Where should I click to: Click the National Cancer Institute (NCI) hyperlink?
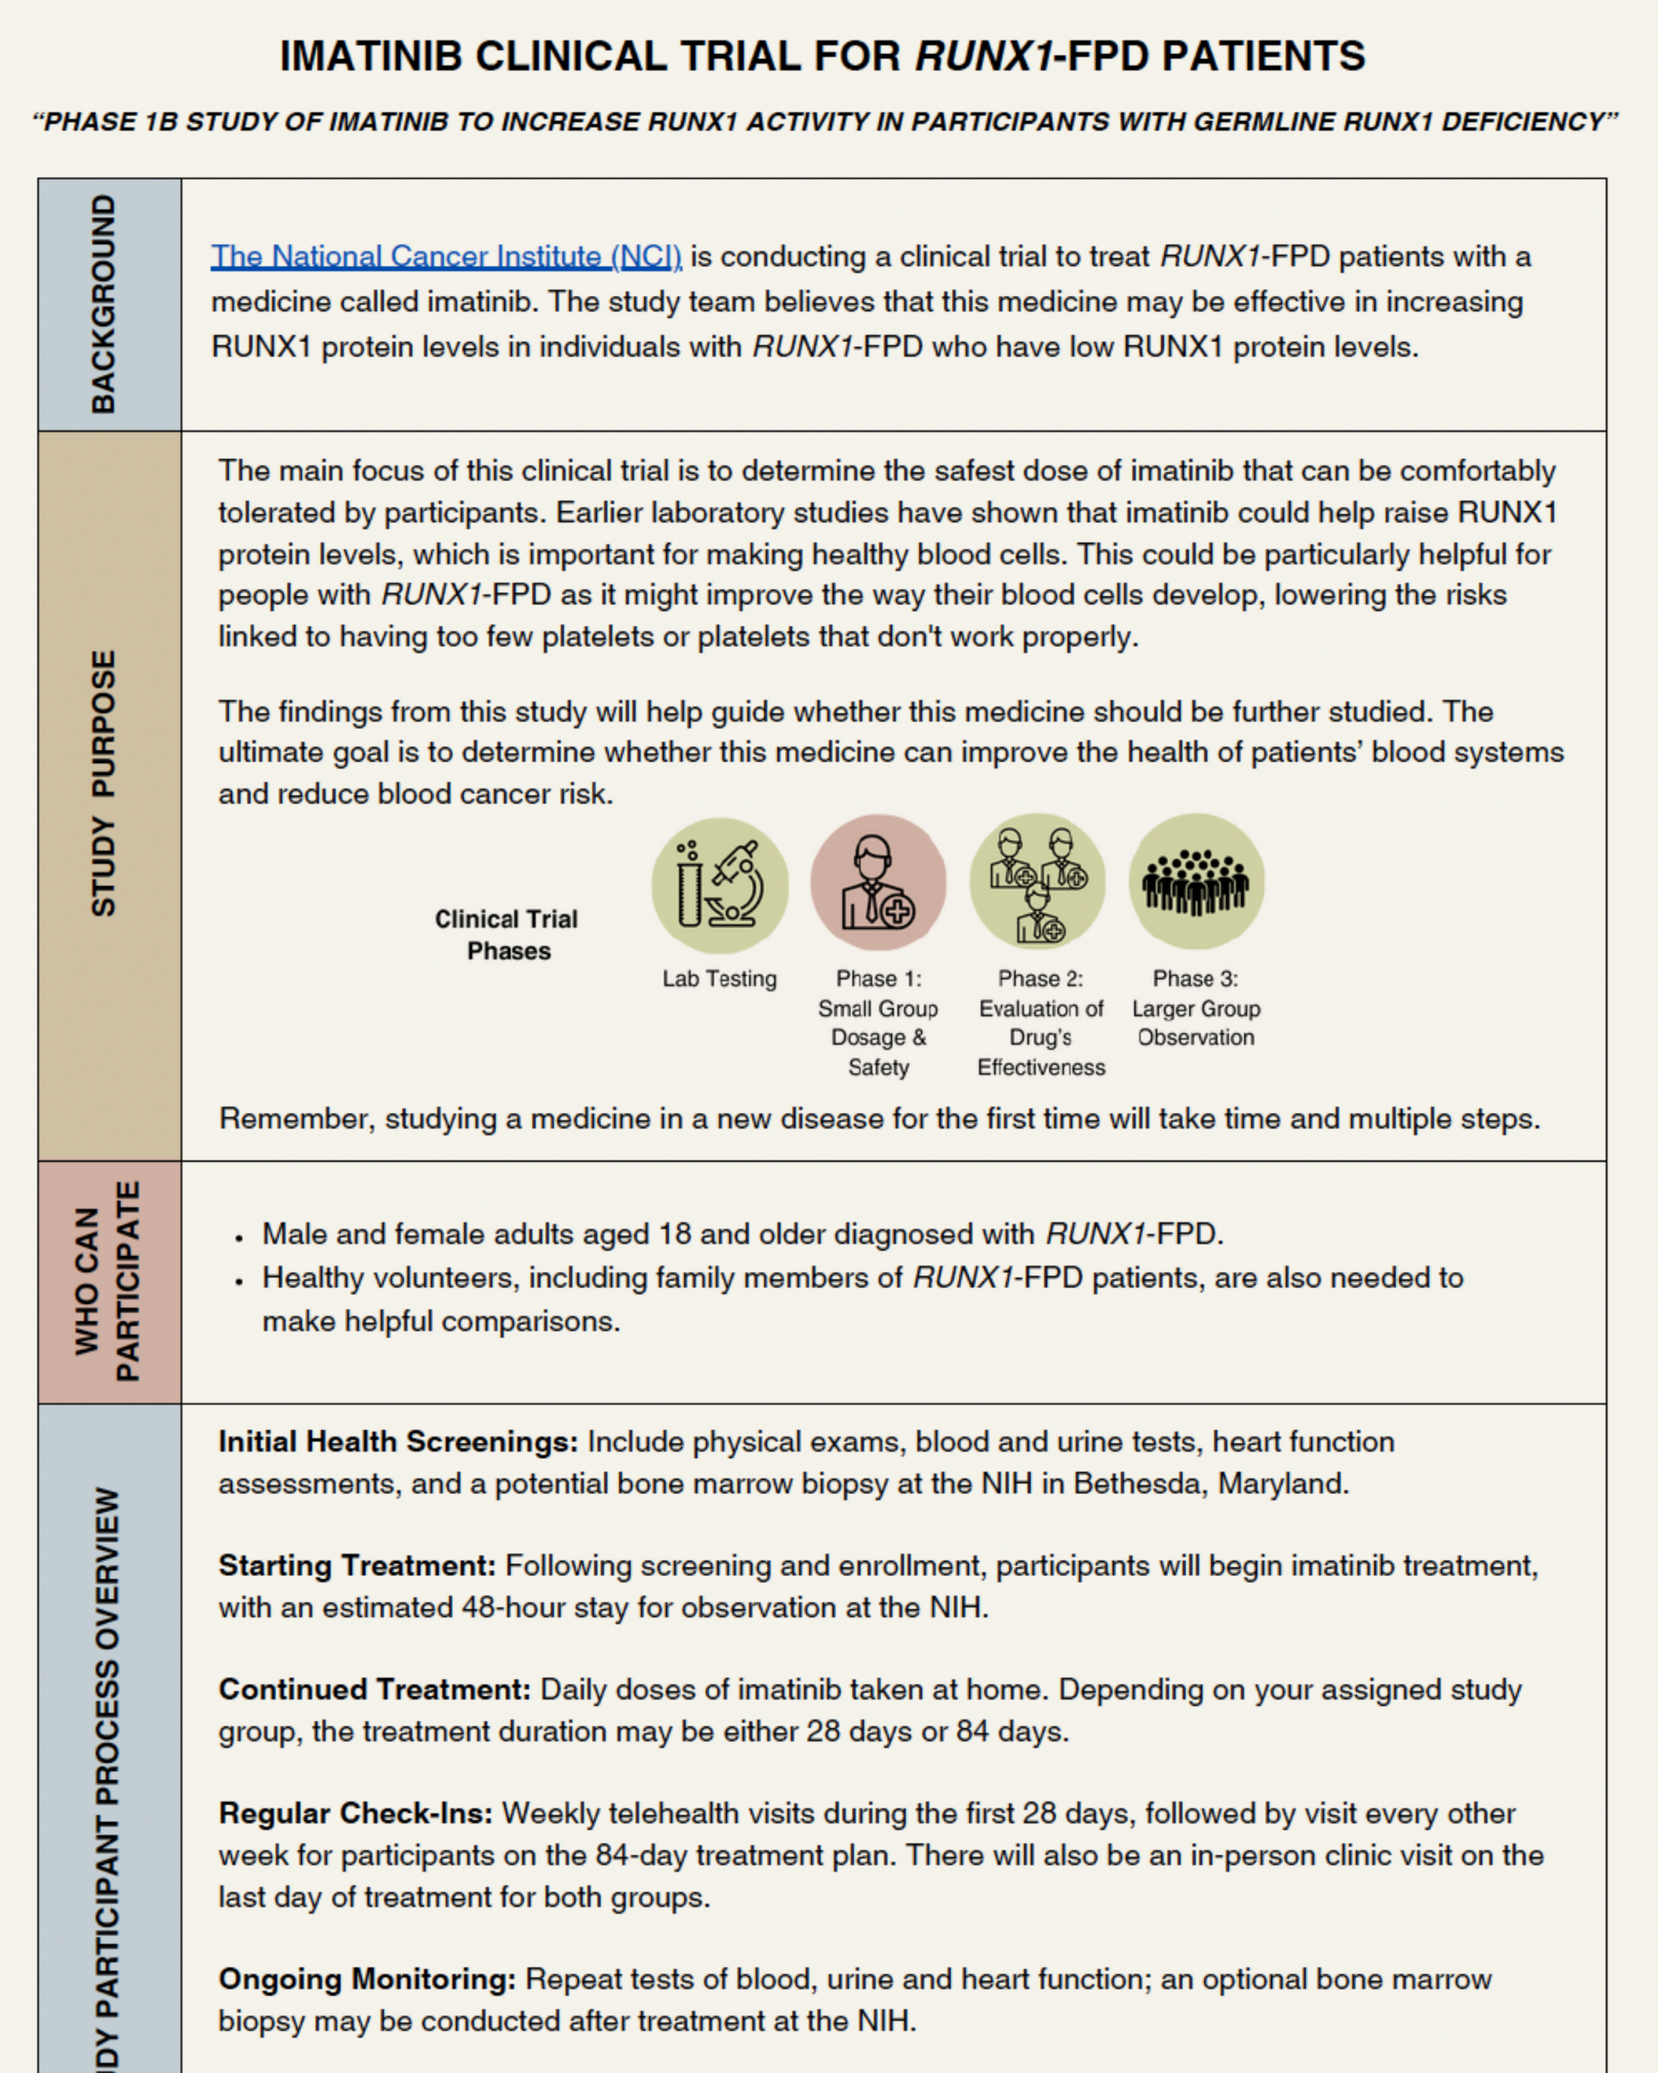tap(446, 256)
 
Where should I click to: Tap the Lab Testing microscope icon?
tap(720, 884)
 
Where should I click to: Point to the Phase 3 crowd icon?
tap(1196, 881)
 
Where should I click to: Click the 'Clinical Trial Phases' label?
tap(507, 934)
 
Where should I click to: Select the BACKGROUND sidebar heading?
tap(104, 305)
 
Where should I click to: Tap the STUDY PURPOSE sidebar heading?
tap(104, 784)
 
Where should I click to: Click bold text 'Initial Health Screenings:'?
tap(398, 1442)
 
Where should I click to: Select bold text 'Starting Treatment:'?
tap(357, 1566)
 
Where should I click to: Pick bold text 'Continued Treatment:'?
tap(374, 1689)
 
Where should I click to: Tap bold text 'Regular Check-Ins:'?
tap(355, 1813)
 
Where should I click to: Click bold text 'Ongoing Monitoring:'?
tap(366, 1979)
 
